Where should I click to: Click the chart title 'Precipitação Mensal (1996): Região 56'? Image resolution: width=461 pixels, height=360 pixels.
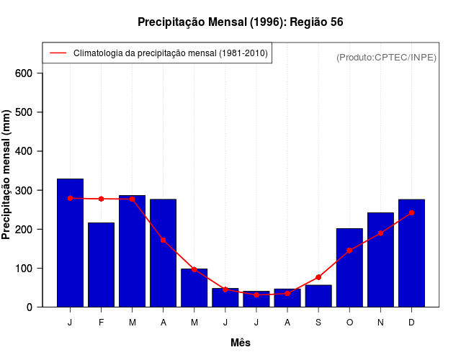pyautogui.click(x=240, y=22)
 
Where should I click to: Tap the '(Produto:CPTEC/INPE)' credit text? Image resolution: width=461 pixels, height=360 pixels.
pyautogui.click(x=387, y=57)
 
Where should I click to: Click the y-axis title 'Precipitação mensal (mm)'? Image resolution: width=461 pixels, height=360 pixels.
pyautogui.click(x=7, y=175)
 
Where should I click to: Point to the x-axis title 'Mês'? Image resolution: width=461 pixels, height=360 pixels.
pyautogui.click(x=241, y=343)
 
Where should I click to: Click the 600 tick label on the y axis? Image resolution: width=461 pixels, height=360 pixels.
pyautogui.click(x=24, y=73)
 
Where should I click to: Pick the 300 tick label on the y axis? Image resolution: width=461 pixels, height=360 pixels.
pyautogui.click(x=24, y=190)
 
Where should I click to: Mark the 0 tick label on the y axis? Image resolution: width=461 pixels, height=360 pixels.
pyautogui.click(x=30, y=307)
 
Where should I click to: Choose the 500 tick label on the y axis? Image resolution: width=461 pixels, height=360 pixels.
pyautogui.click(x=24, y=112)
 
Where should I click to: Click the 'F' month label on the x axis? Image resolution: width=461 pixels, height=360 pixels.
pyautogui.click(x=102, y=323)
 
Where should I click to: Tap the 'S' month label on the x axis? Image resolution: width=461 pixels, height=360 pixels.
pyautogui.click(x=318, y=323)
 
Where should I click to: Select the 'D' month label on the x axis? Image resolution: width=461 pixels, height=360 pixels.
pyautogui.click(x=411, y=323)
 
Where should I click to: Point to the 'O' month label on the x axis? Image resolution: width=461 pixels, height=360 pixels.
pyautogui.click(x=349, y=323)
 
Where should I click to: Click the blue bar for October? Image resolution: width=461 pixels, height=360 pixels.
pyautogui.click(x=349, y=267)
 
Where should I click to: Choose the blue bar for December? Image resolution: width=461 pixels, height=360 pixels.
pyautogui.click(x=411, y=253)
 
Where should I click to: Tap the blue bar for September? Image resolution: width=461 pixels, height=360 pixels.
pyautogui.click(x=318, y=296)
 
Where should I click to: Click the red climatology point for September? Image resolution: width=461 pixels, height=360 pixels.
pyautogui.click(x=318, y=277)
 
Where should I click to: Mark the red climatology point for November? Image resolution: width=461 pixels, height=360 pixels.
pyautogui.click(x=380, y=233)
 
